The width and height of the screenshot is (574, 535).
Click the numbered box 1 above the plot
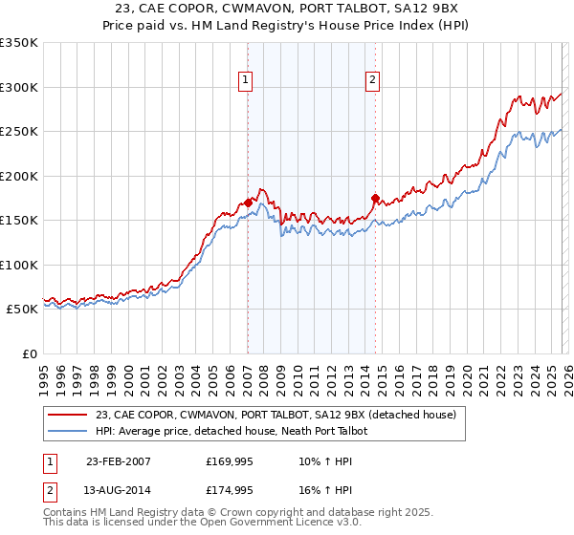pyautogui.click(x=247, y=81)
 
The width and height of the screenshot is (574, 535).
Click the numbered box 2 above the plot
pyautogui.click(x=371, y=81)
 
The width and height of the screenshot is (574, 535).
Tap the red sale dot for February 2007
pyautogui.click(x=248, y=203)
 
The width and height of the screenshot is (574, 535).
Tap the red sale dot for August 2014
pyautogui.click(x=375, y=199)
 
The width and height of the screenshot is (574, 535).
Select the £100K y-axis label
pyautogui.click(x=19, y=265)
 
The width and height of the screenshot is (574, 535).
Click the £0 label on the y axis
pyautogui.click(x=28, y=353)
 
